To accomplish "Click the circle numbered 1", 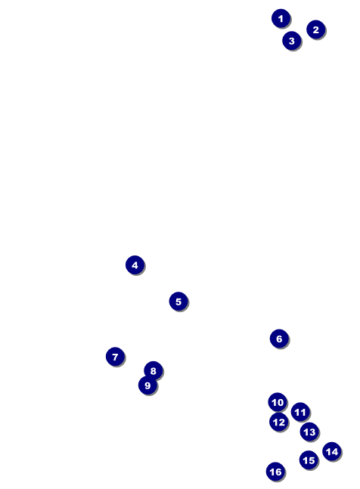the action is pyautogui.click(x=281, y=18).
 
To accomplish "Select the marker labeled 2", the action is pyautogui.click(x=315, y=29).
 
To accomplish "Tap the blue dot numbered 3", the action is pyautogui.click(x=292, y=41).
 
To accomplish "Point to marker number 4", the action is pyautogui.click(x=135, y=265).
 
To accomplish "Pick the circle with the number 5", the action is pyautogui.click(x=178, y=302).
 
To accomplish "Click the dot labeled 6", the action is pyautogui.click(x=279, y=339).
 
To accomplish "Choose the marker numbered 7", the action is pyautogui.click(x=115, y=357).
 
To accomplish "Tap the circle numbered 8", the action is pyautogui.click(x=154, y=371).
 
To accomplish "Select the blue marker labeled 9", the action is pyautogui.click(x=147, y=385).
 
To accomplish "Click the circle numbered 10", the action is pyautogui.click(x=278, y=402).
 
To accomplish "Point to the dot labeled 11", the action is pyautogui.click(x=300, y=412).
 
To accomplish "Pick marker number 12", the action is pyautogui.click(x=279, y=422).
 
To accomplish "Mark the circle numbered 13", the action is pyautogui.click(x=309, y=432).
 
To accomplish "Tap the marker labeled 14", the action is pyautogui.click(x=332, y=451).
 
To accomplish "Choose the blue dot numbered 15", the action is pyautogui.click(x=309, y=460).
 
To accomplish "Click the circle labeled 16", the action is pyautogui.click(x=275, y=472).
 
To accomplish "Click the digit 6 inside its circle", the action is pyautogui.click(x=279, y=339).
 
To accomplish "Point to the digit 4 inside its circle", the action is pyautogui.click(x=135, y=265).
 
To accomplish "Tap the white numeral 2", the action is pyautogui.click(x=315, y=29).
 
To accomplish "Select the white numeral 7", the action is pyautogui.click(x=115, y=357).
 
